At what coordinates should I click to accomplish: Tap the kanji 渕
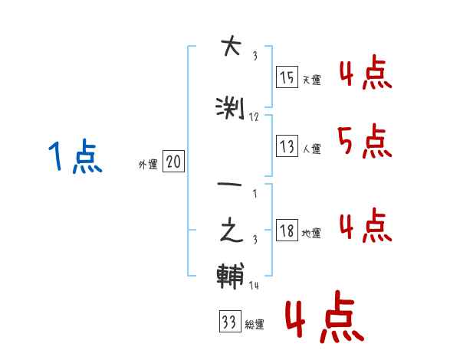coord(230,109)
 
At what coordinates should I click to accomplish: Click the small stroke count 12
coord(254,117)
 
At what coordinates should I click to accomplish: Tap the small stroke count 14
coord(254,285)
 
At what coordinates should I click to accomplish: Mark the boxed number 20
coord(173,162)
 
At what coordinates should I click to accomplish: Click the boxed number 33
coord(228,322)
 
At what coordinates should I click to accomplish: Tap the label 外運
coord(147,164)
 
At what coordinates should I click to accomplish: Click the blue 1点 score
coord(74,157)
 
